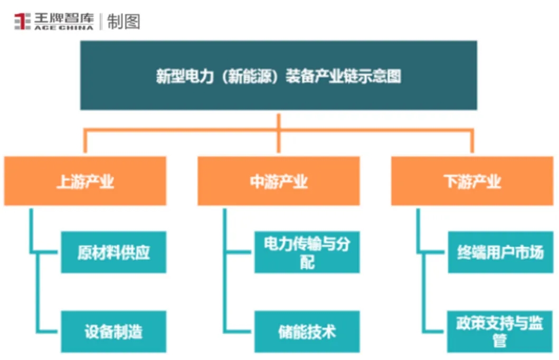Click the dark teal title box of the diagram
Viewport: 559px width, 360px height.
[x=278, y=75]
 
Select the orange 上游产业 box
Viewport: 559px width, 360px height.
[x=85, y=181]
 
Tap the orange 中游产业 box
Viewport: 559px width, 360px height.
[x=279, y=181]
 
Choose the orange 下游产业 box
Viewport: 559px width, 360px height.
[x=472, y=181]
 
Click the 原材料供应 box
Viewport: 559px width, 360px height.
[x=113, y=252]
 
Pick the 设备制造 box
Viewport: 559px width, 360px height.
[x=113, y=331]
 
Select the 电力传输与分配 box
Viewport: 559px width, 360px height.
[x=307, y=252]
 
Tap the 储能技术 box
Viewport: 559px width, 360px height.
[x=307, y=331]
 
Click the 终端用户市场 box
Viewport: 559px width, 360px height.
[x=500, y=252]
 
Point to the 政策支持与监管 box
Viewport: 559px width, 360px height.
[x=500, y=331]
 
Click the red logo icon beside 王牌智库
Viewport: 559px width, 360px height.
[x=22, y=22]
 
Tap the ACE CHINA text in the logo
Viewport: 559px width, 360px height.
[x=64, y=27]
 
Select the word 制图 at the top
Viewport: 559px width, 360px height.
[x=124, y=22]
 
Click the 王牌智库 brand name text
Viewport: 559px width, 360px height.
[x=64, y=18]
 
